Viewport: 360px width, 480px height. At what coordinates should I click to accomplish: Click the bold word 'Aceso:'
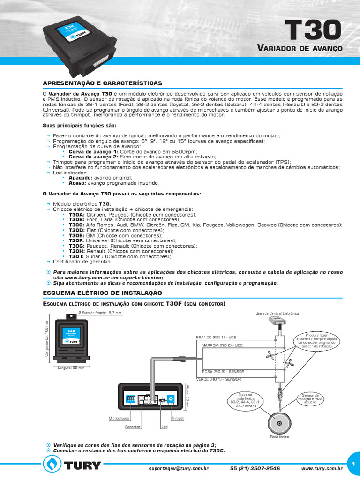[77, 183]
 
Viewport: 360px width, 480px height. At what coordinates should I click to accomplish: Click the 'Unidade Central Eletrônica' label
[283, 313]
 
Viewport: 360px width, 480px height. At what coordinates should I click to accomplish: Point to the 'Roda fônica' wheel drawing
[279, 423]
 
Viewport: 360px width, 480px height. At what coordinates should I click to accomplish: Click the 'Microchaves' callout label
[119, 417]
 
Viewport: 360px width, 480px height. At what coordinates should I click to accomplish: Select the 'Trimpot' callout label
[178, 417]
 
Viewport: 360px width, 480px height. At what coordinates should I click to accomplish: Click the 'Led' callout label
[164, 427]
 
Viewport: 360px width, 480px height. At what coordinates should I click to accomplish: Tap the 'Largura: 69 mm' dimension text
[71, 368]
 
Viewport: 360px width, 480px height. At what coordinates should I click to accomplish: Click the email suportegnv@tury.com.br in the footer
[179, 468]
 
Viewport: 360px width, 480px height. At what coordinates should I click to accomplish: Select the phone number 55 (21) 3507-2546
[255, 468]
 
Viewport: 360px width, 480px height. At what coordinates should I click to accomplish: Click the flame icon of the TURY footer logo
[52, 465]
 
